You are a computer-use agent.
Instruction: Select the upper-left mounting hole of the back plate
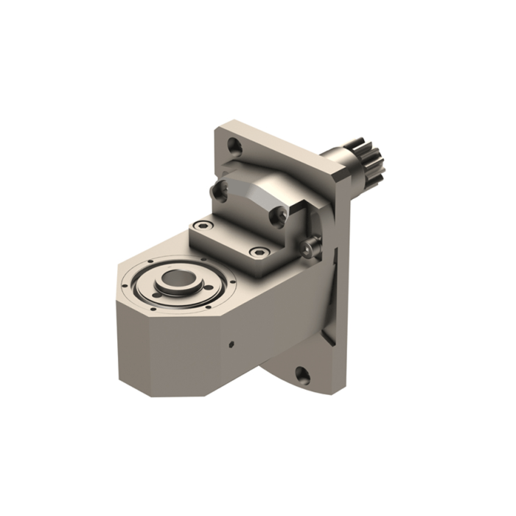(234, 146)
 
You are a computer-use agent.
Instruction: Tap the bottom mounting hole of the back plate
(303, 374)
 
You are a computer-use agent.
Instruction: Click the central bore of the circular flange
(176, 279)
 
